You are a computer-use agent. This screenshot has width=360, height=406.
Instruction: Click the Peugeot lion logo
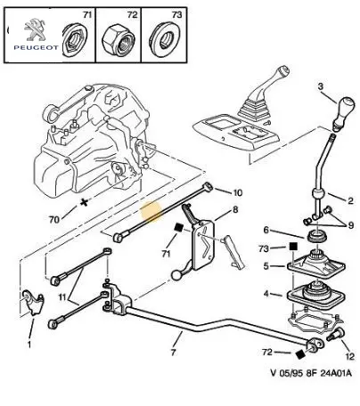point(35,29)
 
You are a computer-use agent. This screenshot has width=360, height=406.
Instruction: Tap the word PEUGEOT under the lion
point(36,47)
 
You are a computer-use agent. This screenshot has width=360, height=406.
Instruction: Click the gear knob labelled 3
point(344,114)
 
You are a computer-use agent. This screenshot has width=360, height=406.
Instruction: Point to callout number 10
point(238,193)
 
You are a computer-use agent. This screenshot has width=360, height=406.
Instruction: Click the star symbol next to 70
point(85,203)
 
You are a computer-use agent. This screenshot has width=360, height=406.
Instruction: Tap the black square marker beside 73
point(293,247)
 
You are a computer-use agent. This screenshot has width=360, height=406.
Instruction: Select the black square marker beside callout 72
point(300,354)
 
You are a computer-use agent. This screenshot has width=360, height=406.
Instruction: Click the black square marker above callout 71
point(178,227)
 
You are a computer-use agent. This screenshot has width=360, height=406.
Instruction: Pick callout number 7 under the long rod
point(174,353)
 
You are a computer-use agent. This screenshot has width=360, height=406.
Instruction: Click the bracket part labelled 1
point(32,302)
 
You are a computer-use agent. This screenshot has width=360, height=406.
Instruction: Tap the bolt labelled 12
point(335,334)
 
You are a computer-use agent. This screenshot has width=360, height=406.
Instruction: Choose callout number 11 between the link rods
point(62,296)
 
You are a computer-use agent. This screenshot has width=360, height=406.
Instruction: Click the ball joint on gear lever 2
point(318,194)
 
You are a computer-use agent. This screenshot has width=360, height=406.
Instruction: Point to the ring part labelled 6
point(317,236)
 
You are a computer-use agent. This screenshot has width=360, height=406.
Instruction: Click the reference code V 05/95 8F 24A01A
point(311,372)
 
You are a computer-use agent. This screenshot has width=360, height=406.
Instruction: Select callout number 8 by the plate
point(235,210)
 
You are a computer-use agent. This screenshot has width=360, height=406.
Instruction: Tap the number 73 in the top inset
point(176,14)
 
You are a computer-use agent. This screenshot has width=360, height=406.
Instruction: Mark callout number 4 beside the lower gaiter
point(266,294)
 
